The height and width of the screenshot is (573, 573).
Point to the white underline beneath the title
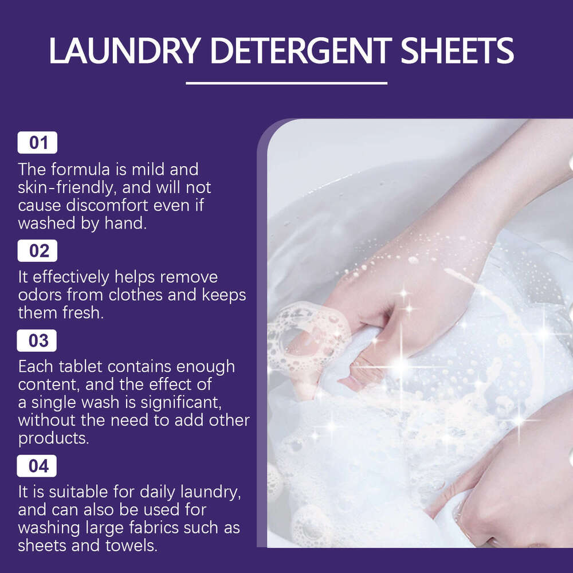286,83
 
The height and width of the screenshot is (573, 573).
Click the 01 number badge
38,143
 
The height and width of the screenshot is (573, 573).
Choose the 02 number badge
38,251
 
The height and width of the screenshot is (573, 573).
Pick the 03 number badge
38,340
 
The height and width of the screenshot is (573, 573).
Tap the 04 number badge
38,466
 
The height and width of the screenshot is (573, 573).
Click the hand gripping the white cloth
355,321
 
